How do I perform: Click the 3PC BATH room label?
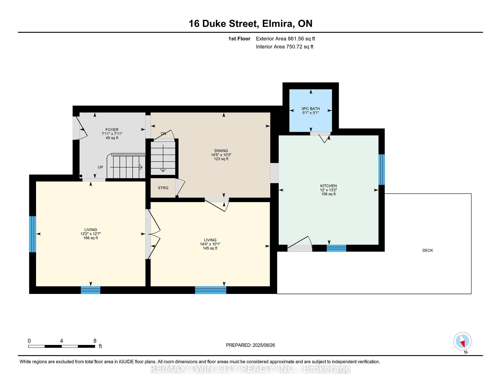(x=311, y=108)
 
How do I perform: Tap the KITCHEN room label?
(x=329, y=186)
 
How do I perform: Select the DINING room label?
(x=221, y=151)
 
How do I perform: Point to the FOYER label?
(x=112, y=130)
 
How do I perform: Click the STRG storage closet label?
(x=163, y=188)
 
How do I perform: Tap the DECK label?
(x=428, y=250)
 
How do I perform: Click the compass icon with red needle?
(x=462, y=341)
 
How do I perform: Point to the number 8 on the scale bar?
(x=95, y=341)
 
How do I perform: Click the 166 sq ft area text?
(x=91, y=238)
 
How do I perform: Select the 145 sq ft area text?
(x=210, y=248)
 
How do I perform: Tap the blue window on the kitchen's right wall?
(x=381, y=170)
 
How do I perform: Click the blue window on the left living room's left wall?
(x=32, y=234)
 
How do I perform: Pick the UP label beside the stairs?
(x=100, y=167)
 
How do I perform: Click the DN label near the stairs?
(x=163, y=134)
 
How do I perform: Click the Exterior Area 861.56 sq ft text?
(x=285, y=39)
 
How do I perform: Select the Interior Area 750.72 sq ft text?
(x=285, y=47)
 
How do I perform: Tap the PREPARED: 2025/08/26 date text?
(x=250, y=345)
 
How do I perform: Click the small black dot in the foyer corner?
(x=81, y=176)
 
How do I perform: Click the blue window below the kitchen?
(x=336, y=248)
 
